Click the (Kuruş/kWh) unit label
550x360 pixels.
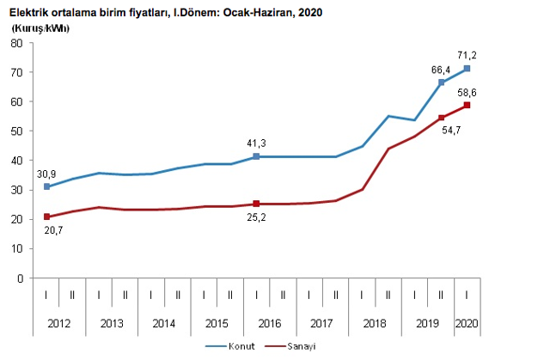[x=41, y=29]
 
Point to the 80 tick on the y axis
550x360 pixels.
[x=15, y=44]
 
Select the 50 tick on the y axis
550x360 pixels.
[x=15, y=131]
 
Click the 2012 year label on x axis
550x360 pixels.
[x=58, y=324]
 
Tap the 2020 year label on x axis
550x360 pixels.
[x=467, y=324]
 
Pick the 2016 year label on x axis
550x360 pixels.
[x=269, y=324]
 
